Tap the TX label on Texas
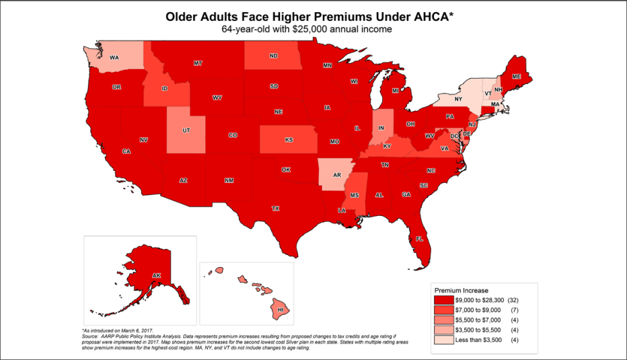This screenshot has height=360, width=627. (275, 209)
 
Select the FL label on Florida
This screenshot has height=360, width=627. (419, 239)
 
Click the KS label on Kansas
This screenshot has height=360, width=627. (289, 140)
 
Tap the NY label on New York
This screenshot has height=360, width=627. (459, 99)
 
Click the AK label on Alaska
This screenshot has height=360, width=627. (156, 276)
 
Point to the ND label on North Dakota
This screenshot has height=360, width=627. (273, 57)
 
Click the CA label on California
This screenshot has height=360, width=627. (126, 151)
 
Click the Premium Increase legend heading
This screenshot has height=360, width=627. (462, 289)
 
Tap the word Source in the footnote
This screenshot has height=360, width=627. (91, 336)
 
